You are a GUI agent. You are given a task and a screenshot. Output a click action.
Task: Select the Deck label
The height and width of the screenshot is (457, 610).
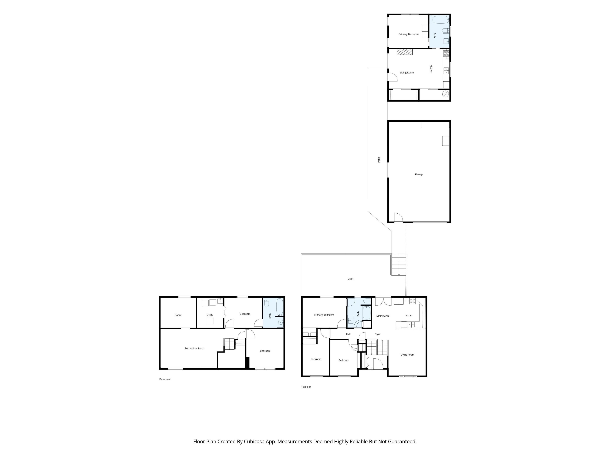(350, 279)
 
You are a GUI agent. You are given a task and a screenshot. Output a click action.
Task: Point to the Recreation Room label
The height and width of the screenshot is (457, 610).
(194, 348)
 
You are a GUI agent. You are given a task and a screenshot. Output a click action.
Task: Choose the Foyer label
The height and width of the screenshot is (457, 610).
(377, 334)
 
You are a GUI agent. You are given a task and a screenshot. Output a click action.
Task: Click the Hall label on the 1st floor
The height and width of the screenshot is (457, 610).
(348, 334)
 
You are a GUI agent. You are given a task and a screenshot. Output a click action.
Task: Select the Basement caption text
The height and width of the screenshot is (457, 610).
(165, 379)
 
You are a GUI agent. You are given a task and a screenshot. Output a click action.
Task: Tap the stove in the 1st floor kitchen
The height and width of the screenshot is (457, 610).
(412, 301)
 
